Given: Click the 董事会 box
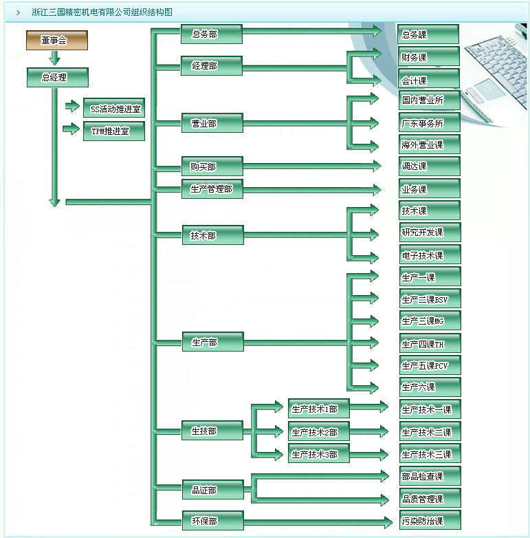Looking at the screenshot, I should click(57, 41).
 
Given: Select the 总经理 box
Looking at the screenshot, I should click(57, 78).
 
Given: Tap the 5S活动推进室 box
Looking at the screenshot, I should click(114, 108).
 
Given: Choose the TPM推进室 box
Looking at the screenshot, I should click(114, 131).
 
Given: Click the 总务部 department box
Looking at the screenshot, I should click(211, 34).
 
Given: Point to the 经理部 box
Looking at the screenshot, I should click(211, 66).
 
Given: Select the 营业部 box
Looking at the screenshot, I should click(211, 124).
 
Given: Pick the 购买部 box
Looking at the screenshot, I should click(211, 166).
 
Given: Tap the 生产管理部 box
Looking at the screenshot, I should click(211, 189).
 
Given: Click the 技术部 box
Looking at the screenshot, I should click(211, 235).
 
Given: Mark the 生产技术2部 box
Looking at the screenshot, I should click(318, 432).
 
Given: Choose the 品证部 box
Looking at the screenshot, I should click(211, 490).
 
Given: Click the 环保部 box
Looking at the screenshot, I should click(211, 521).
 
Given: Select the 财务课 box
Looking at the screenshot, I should click(429, 56).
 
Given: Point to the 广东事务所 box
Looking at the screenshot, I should click(429, 124).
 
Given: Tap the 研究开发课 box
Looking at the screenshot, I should click(429, 233).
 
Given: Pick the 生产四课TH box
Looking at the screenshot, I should click(429, 343).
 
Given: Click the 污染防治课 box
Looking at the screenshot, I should click(429, 520).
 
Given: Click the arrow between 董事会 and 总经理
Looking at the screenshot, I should click(56, 58).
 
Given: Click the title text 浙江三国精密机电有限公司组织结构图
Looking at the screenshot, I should click(102, 12).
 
